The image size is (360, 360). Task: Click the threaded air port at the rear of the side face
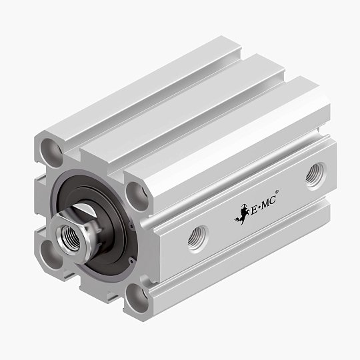click(315, 177)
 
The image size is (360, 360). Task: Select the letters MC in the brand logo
click(268, 203)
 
